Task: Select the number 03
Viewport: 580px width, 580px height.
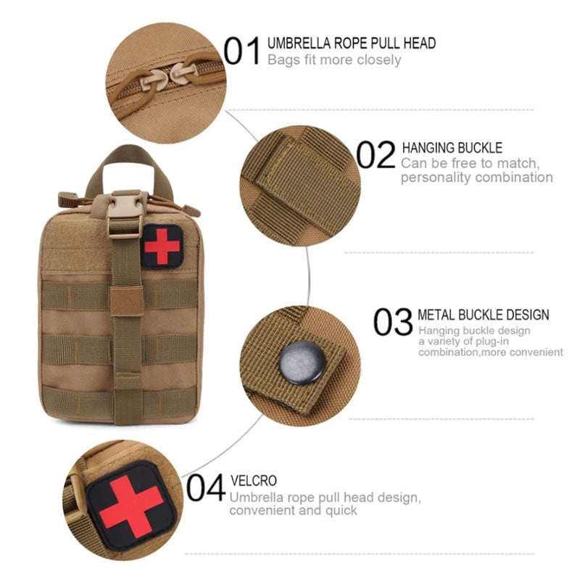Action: [x=393, y=322]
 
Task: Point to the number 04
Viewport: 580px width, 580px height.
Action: [x=205, y=488]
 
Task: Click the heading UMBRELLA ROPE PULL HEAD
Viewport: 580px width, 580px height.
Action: [x=352, y=43]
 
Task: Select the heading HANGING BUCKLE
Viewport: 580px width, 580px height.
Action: [x=452, y=148]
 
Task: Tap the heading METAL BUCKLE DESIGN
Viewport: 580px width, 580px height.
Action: [x=484, y=315]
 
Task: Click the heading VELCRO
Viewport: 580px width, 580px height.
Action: [x=253, y=481]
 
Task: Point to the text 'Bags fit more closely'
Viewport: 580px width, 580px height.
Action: [x=334, y=59]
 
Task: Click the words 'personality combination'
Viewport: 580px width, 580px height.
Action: [x=476, y=178]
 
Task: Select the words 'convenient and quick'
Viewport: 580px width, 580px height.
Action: [x=293, y=510]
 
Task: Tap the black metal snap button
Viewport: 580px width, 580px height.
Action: [x=302, y=362]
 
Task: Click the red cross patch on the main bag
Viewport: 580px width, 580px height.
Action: [x=162, y=246]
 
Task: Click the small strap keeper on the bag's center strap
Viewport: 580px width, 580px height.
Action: [x=127, y=300]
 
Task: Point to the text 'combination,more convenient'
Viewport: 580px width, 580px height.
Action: [x=490, y=352]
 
